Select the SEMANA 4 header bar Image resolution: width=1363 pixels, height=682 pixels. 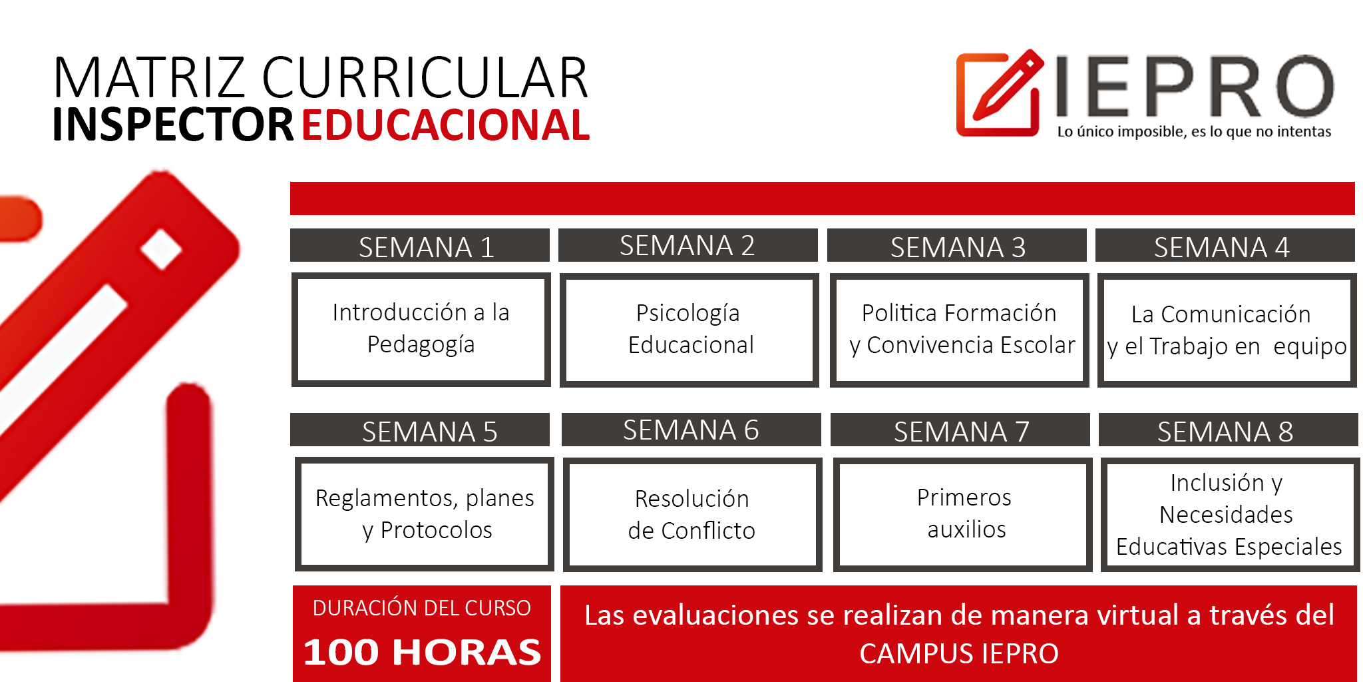click(1225, 246)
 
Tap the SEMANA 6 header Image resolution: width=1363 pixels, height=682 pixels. click(691, 430)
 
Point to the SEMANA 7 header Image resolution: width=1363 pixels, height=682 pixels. click(960, 430)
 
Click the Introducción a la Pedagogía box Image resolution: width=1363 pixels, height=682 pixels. click(421, 329)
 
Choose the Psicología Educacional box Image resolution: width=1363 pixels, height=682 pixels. click(689, 330)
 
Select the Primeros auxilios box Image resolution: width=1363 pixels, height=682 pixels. click(963, 514)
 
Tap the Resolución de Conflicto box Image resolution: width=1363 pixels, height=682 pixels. click(693, 514)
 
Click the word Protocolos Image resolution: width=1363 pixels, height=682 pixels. click(436, 530)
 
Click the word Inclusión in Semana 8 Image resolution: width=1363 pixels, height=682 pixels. click(1217, 482)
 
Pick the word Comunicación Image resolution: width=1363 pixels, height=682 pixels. click(1235, 314)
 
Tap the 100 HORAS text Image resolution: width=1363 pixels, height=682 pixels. click(422, 652)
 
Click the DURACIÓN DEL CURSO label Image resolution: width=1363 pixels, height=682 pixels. click(422, 608)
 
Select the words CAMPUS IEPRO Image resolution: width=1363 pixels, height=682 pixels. click(959, 653)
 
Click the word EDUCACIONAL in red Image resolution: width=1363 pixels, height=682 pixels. click(446, 125)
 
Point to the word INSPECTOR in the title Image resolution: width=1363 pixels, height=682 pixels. click(173, 125)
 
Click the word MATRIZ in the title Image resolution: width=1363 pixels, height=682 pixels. click(149, 77)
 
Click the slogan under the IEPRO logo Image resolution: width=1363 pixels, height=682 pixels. click(1194, 131)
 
